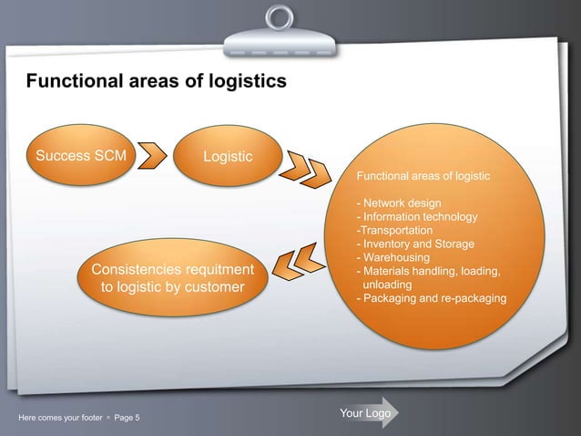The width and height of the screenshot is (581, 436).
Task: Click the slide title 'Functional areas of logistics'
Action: point(156,83)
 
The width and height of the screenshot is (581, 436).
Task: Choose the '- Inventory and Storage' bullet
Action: point(414,244)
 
